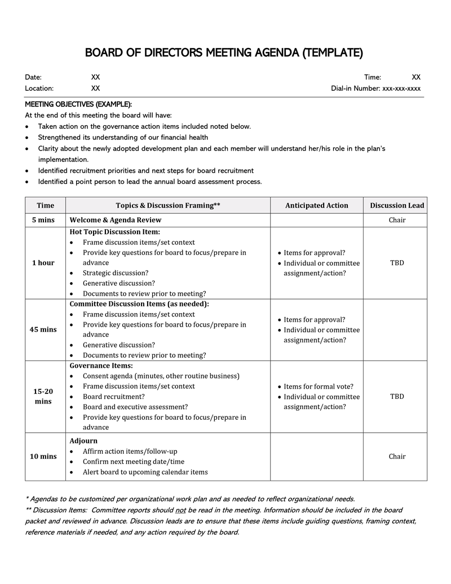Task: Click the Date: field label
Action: point(33,77)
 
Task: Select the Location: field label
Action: point(39,89)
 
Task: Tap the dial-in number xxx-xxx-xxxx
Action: point(401,89)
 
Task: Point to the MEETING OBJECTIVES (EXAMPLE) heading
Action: point(78,104)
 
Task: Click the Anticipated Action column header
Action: point(316,205)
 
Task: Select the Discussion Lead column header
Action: point(397,205)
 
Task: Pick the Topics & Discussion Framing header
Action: point(167,205)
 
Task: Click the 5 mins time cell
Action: point(43,220)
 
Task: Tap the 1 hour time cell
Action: point(43,263)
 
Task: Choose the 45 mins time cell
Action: point(43,330)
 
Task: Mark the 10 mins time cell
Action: point(43,456)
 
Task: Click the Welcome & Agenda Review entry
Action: point(115,220)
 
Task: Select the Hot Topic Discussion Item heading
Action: point(114,232)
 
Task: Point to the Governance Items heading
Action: point(101,366)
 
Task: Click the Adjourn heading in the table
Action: point(83,441)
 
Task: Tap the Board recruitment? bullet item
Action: point(114,397)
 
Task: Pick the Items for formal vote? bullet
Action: point(319,387)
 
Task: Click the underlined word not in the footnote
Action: point(184,510)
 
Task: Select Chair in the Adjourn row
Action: point(397,456)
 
